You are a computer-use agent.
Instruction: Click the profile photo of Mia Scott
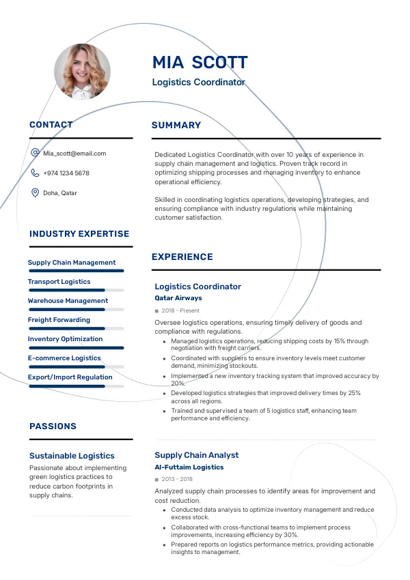82,72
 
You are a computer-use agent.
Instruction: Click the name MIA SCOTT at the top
200,63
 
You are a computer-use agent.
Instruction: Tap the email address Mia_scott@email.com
74,154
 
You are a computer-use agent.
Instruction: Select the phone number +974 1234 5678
66,173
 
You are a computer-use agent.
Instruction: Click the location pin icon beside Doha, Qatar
35,193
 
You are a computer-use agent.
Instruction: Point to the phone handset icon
35,173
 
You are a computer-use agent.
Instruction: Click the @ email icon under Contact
35,154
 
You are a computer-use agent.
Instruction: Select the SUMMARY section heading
176,126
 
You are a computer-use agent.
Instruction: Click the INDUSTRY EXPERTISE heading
79,234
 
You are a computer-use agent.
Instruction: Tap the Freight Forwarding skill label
59,320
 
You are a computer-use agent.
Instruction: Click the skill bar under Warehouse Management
76,309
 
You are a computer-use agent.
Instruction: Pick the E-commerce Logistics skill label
64,358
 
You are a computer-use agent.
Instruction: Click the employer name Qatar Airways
178,298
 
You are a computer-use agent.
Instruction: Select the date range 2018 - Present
180,310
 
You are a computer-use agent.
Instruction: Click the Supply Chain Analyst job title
197,455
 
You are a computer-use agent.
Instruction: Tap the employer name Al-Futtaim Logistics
189,467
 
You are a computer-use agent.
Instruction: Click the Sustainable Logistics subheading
72,456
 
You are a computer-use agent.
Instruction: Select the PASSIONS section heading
53,426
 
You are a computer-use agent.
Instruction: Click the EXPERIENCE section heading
182,257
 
